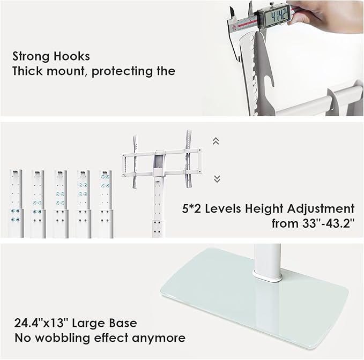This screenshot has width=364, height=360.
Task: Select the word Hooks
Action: click(x=71, y=56)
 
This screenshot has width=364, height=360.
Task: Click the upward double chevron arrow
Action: click(x=216, y=141)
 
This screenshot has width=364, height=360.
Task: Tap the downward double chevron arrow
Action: click(x=217, y=179)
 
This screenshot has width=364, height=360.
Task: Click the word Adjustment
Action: click(x=321, y=209)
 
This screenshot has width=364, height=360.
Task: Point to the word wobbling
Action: click(x=62, y=338)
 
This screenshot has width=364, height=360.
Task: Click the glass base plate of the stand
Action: click(x=254, y=299)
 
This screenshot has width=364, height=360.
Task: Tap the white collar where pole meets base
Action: click(x=267, y=277)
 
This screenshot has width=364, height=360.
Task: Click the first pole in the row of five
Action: click(x=16, y=204)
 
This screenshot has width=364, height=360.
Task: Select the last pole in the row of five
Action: click(x=106, y=204)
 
